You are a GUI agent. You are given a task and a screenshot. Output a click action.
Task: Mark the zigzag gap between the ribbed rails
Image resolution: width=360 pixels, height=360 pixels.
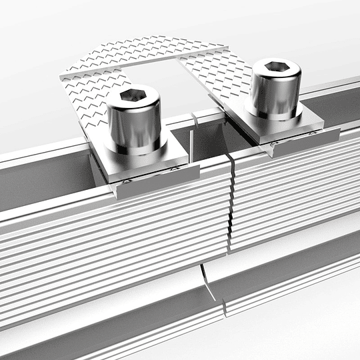tap(230, 200)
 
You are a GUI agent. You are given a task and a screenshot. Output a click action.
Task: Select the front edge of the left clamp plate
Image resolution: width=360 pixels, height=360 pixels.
tap(157, 181)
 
